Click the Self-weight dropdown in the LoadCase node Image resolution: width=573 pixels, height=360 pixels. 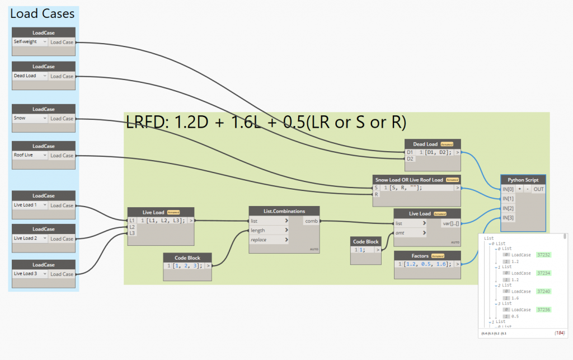pyautogui.click(x=30, y=42)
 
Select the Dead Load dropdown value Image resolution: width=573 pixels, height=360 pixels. pyautogui.click(x=30, y=76)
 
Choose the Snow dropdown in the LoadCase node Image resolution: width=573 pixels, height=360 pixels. pyautogui.click(x=30, y=119)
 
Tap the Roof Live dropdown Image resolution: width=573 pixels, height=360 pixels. pyautogui.click(x=30, y=156)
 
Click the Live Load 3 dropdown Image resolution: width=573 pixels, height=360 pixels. pyautogui.click(x=30, y=274)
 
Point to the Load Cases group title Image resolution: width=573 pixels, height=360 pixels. pyautogui.click(x=43, y=14)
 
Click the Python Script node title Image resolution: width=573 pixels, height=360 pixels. pyautogui.click(x=523, y=180)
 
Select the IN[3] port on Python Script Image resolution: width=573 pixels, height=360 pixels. pyautogui.click(x=508, y=218)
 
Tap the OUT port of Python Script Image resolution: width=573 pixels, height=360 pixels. pyautogui.click(x=538, y=189)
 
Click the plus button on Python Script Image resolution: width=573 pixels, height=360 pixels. pyautogui.click(x=519, y=189)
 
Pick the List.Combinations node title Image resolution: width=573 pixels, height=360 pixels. pyautogui.click(x=284, y=211)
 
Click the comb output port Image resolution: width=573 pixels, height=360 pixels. pyautogui.click(x=311, y=221)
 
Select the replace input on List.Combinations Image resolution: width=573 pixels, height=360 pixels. pyautogui.click(x=260, y=240)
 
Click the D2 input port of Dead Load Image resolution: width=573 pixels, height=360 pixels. pyautogui.click(x=410, y=158)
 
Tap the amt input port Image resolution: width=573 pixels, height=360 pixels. pyautogui.click(x=401, y=232)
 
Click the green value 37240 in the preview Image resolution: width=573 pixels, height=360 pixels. pyautogui.click(x=543, y=292)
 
